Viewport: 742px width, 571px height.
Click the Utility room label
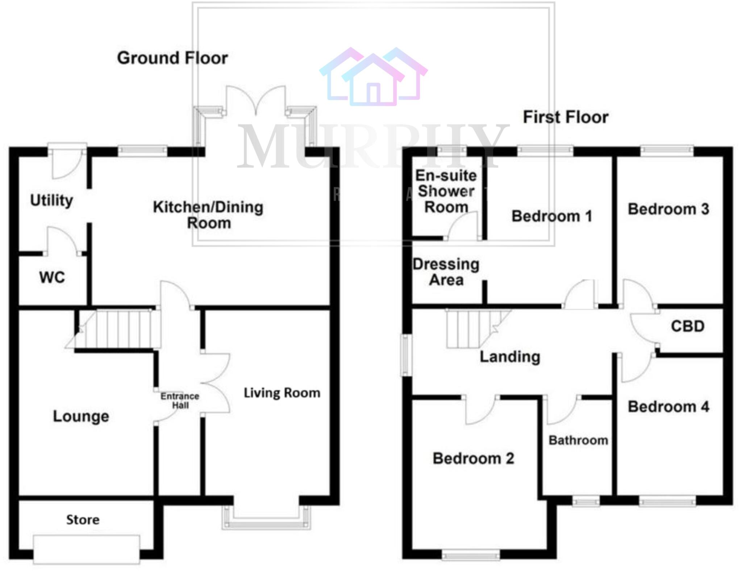51,200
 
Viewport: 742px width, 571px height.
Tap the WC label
52,278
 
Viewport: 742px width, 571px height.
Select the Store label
83,520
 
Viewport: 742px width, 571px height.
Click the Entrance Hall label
180,400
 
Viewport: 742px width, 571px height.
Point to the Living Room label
282,393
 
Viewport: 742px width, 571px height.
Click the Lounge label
81,416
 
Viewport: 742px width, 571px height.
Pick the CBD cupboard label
688,326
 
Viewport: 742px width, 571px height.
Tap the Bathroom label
578,440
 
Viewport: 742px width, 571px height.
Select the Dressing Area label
446,272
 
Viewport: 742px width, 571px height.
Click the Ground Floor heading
172,58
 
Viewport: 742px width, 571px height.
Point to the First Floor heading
566,117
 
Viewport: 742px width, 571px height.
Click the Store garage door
86,550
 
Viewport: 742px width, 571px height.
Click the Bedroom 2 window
471,554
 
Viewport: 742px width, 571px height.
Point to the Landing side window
406,355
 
